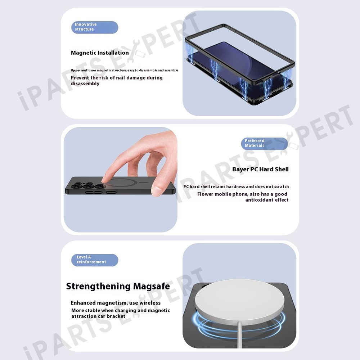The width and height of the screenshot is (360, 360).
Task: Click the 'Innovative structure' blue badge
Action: pos(95,27)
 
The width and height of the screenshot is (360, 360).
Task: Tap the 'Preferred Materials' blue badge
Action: pos(264,144)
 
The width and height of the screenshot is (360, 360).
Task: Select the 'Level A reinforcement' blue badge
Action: pos(95,260)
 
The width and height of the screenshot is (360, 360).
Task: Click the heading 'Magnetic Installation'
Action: pos(100,53)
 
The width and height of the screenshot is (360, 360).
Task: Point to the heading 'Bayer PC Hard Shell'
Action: pos(260,170)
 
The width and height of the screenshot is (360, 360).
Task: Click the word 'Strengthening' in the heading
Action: pos(98,287)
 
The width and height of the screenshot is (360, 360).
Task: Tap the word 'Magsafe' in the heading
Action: pos(152,286)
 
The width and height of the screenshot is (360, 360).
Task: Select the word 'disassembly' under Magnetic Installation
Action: pos(85,84)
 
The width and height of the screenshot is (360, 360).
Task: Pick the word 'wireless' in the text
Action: pos(150,303)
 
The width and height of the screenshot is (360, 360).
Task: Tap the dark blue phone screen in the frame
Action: pos(239,62)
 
